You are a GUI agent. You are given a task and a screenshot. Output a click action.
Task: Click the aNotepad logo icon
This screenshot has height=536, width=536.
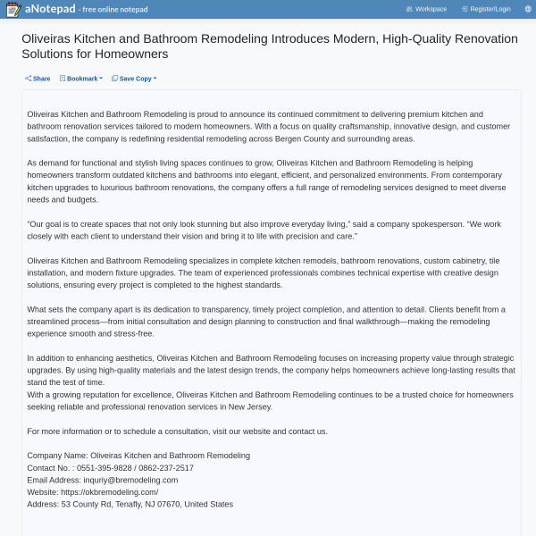[13, 9]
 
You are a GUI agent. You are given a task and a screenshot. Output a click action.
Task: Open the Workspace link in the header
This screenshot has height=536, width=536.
[426, 9]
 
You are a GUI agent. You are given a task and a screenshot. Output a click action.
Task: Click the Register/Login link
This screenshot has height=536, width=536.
[486, 9]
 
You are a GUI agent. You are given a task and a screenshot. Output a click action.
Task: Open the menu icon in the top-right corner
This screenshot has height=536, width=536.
[526, 9]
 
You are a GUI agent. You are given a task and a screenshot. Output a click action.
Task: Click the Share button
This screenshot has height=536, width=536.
[38, 79]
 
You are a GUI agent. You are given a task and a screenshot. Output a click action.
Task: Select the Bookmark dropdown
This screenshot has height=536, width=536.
[81, 79]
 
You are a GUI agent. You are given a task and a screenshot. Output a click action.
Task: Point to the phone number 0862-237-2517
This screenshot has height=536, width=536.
[167, 467]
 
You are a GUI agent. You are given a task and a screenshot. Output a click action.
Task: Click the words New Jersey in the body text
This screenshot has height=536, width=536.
[249, 406]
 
